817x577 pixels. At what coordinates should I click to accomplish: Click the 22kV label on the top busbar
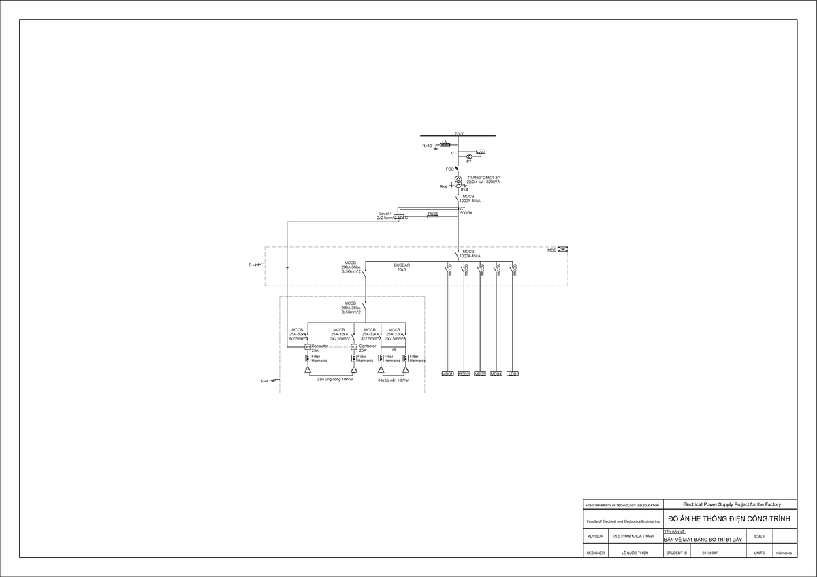[x=458, y=134]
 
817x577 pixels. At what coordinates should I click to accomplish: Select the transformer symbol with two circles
[x=458, y=182]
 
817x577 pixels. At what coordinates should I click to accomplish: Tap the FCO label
[x=449, y=169]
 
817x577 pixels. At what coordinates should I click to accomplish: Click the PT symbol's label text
[x=469, y=162]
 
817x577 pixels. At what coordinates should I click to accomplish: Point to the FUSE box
[x=432, y=214]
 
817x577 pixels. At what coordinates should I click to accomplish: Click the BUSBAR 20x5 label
[x=402, y=267]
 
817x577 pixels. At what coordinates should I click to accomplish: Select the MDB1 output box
[x=447, y=374]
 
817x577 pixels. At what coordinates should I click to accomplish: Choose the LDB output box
[x=513, y=374]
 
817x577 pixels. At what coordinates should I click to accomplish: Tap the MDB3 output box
[x=480, y=374]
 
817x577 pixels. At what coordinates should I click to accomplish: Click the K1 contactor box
[x=307, y=346]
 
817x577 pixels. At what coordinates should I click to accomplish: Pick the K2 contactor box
[x=353, y=346]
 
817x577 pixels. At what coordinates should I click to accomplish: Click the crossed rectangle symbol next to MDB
[x=563, y=250]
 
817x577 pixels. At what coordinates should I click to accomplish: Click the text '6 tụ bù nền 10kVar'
[x=394, y=380]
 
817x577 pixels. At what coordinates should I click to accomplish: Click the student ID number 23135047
[x=709, y=553]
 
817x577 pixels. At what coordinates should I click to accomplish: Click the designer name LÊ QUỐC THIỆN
[x=636, y=553]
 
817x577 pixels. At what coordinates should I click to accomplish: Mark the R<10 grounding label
[x=427, y=146]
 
